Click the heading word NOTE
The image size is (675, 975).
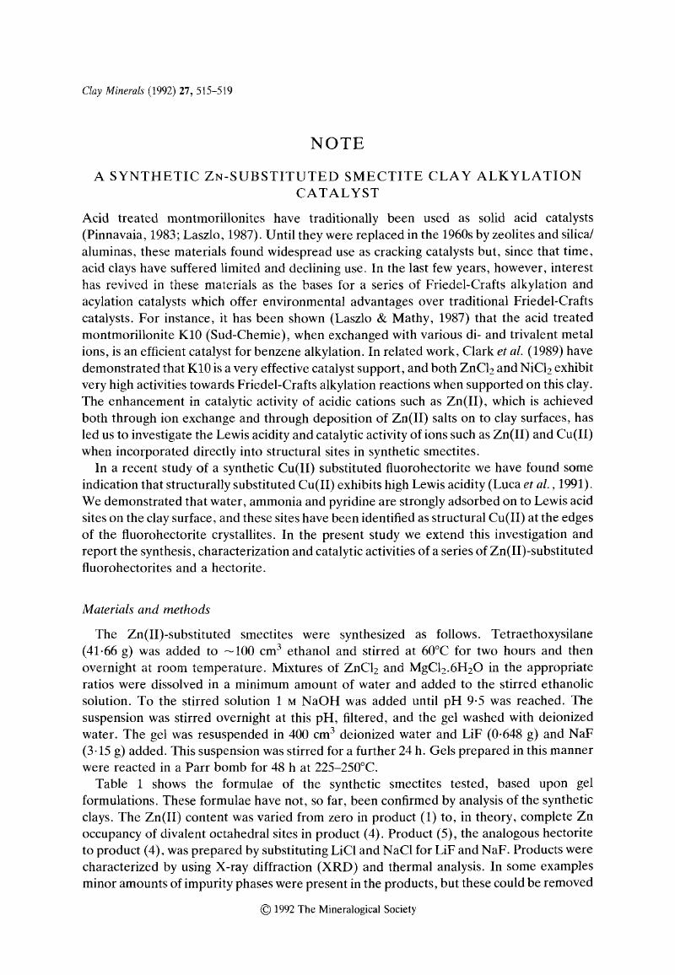coord(337,144)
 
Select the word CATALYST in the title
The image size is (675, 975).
coord(337,193)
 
